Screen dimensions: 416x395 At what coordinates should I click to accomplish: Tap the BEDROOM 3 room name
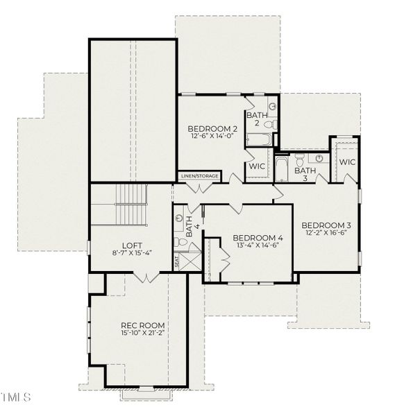pos(326,225)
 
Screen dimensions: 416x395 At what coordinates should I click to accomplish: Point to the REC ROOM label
pos(142,325)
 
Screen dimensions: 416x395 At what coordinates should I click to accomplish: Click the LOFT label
pos(132,245)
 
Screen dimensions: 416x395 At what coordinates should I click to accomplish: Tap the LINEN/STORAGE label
pos(199,176)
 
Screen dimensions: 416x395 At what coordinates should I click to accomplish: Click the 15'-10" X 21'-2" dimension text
pos(142,333)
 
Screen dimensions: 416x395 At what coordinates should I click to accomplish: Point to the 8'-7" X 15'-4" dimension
pos(132,254)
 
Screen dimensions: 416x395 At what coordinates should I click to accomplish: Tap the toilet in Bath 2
pos(271,123)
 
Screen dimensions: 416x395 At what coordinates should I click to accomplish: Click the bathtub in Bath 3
pos(281,168)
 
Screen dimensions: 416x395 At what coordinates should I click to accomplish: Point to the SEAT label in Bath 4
pos(176,262)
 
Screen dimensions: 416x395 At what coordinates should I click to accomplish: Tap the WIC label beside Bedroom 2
pos(256,167)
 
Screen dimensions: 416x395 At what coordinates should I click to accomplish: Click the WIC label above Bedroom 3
pos(347,162)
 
